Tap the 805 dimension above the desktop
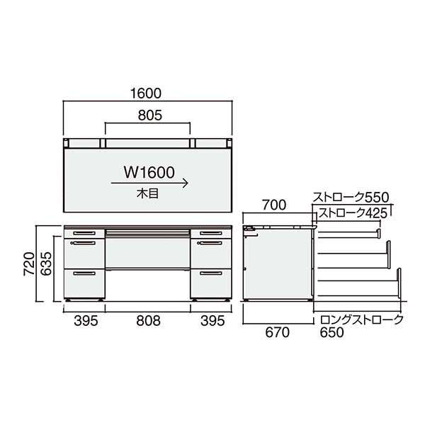coord(148,114)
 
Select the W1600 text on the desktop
coord(149,171)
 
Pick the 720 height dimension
coord(26,263)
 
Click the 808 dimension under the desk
coord(148,320)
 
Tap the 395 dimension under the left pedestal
coord(85,320)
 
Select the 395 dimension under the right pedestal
coord(211,320)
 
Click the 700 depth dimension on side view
coord(276,206)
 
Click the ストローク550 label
coord(352,197)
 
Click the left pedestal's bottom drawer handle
coord(84,273)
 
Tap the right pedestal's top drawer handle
coord(211,232)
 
